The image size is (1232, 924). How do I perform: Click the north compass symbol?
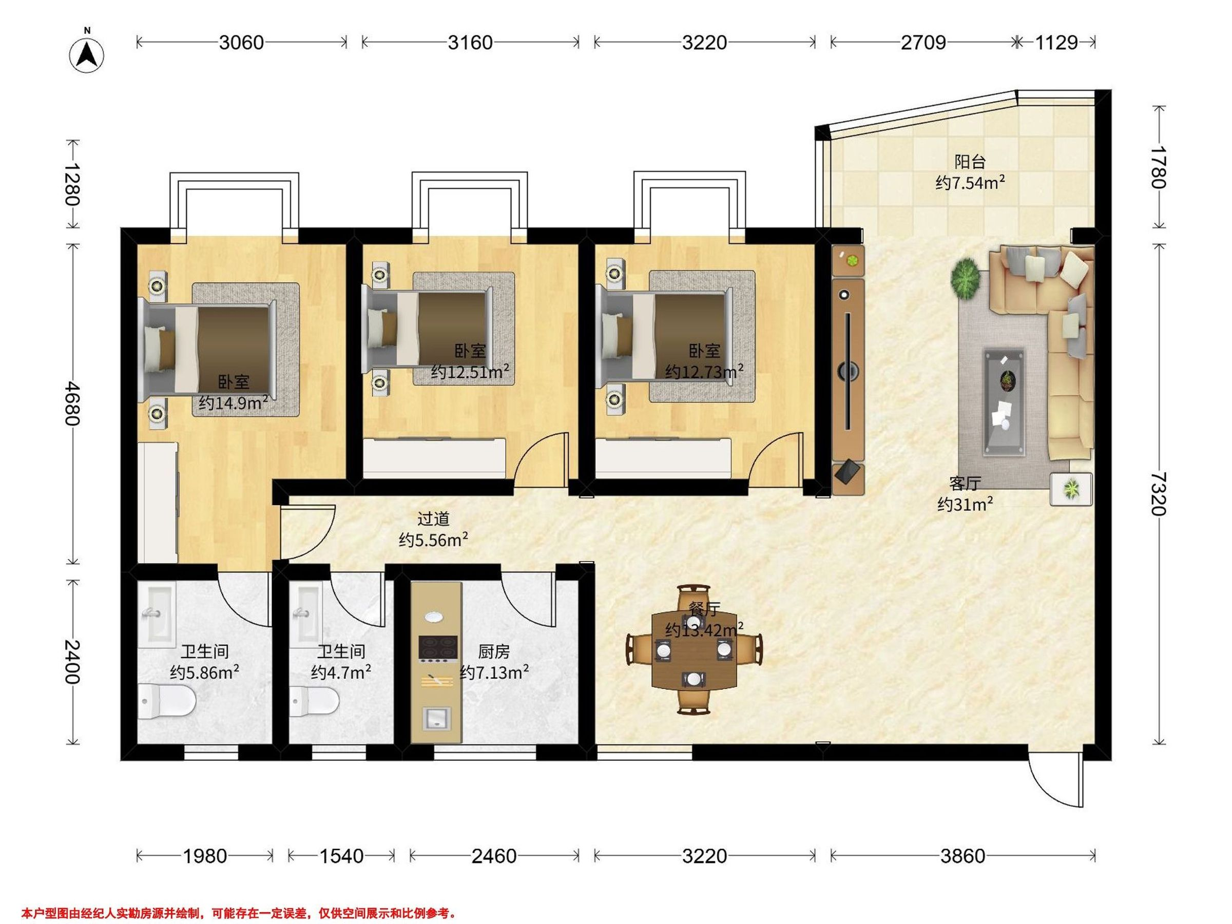tap(87, 54)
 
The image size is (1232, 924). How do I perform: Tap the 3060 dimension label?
tap(241, 42)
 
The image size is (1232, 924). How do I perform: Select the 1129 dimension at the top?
tap(1056, 42)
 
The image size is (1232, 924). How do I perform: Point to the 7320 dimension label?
tap(1159, 493)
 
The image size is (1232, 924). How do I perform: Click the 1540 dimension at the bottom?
tap(341, 856)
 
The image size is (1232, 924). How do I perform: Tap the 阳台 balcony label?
tap(970, 162)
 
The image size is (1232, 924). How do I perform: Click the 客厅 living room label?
tap(965, 483)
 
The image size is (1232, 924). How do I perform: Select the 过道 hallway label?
tap(433, 519)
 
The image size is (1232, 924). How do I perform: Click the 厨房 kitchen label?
tap(493, 651)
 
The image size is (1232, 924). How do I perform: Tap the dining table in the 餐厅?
tap(693, 649)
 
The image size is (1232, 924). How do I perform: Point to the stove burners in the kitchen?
tap(438, 648)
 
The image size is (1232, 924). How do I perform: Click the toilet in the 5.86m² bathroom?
tap(166, 701)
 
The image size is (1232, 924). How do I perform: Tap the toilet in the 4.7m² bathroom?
tap(314, 701)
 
